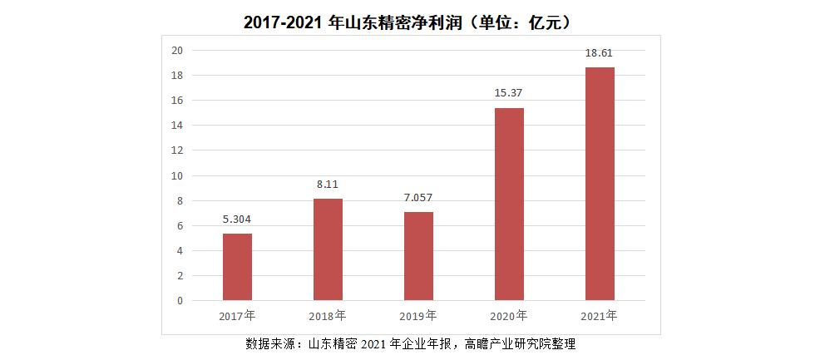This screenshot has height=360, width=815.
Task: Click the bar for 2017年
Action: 237,266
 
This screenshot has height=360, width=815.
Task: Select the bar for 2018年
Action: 328,249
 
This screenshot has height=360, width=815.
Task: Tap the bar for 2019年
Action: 418,256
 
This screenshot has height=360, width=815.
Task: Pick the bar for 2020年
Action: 509,204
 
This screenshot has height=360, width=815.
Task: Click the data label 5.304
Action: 237,219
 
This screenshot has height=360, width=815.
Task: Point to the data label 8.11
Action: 328,185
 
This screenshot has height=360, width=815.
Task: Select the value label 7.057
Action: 418,198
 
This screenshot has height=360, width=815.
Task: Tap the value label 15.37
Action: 509,93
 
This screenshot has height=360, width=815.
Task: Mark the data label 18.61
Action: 600,53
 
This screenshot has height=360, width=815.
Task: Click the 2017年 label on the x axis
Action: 237,316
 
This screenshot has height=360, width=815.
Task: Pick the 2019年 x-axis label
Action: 418,316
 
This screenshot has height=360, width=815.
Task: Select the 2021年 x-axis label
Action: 600,315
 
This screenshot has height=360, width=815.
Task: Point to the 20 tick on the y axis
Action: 176,50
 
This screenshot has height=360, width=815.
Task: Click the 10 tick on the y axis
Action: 176,175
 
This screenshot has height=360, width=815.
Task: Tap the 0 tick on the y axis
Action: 179,301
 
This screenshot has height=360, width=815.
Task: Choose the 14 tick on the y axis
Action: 176,126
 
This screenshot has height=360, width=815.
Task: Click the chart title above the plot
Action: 407,22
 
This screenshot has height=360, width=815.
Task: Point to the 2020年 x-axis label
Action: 509,316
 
